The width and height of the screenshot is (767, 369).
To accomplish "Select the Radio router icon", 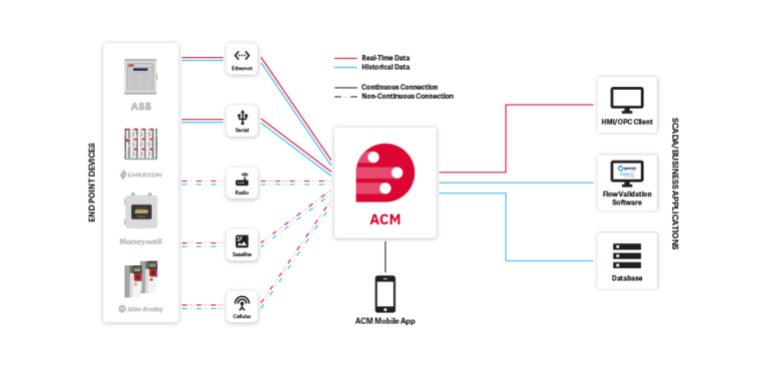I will coord(242,181).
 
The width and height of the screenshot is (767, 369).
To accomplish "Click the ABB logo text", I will coord(141,105).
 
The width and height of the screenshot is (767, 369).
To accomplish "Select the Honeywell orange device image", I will coord(141,211).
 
